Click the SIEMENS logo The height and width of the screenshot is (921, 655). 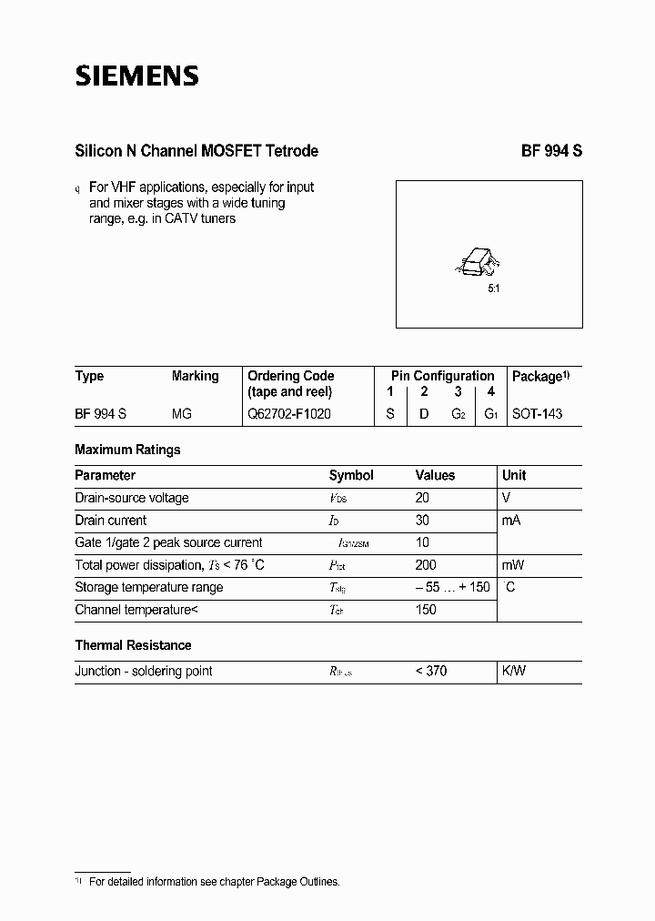click(136, 76)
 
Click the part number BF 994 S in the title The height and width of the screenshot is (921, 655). click(551, 151)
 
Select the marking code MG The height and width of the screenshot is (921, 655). click(182, 413)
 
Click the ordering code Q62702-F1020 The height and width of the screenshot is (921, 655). click(289, 413)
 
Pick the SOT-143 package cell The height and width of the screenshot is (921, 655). click(537, 413)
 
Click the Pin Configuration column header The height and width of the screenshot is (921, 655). click(442, 376)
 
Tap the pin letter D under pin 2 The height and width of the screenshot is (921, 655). click(424, 413)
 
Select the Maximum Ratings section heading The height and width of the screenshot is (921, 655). click(127, 450)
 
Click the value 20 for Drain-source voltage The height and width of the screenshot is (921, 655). click(421, 498)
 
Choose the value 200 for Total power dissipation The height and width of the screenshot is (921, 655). click(425, 565)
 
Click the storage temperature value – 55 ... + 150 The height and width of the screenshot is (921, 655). click(452, 587)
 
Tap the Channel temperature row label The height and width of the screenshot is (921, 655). click(136, 610)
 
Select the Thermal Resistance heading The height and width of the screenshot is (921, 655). click(133, 645)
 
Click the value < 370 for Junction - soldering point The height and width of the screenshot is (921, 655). click(430, 671)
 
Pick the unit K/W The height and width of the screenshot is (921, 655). click(514, 671)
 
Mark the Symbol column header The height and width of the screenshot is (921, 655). click(351, 475)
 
